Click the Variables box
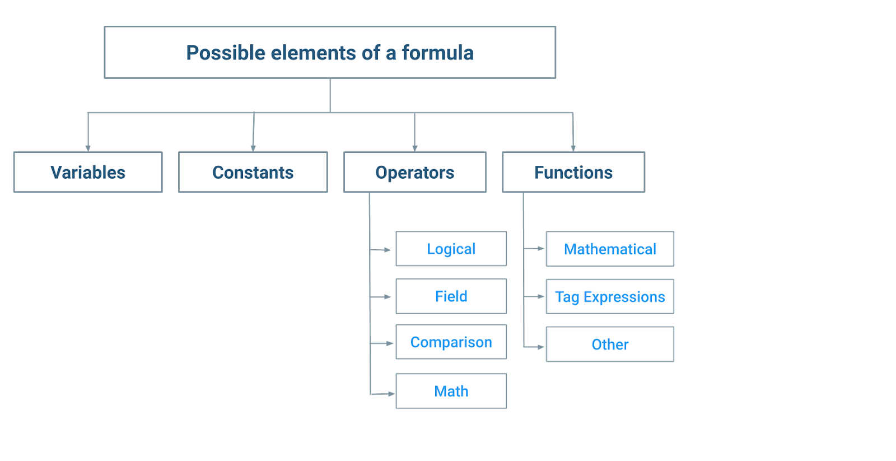[88, 172]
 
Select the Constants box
[253, 172]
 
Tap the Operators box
[415, 172]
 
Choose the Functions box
[573, 172]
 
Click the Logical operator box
[451, 249]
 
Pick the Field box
[451, 296]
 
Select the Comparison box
[451, 342]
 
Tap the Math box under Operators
[451, 391]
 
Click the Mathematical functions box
[610, 249]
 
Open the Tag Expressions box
[610, 296]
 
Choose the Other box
[610, 344]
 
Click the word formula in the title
[437, 53]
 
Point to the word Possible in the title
[226, 53]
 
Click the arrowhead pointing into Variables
[88, 148]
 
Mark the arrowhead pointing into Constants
[253, 148]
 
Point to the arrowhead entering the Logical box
[387, 250]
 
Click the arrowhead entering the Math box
[391, 394]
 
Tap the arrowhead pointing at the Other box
[541, 347]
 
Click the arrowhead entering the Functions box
[573, 148]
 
